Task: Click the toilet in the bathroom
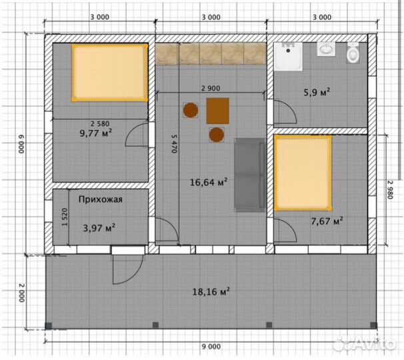point(353,53)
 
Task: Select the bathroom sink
point(326,49)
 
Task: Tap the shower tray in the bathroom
point(288,57)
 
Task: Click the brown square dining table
point(218,111)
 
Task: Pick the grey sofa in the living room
point(249,175)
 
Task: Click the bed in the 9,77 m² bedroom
point(110,73)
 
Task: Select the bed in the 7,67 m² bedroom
point(303,173)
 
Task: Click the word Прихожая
point(101,199)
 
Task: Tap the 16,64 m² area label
point(209,182)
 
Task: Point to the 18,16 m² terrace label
point(211,292)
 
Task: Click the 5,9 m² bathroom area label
point(317,92)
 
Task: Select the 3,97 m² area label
point(99,228)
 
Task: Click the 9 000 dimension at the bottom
point(211,347)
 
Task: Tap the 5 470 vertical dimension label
point(175,143)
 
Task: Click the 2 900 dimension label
point(211,89)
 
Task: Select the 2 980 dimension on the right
point(389,189)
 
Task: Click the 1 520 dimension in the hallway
point(65,217)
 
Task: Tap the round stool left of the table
point(191,110)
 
